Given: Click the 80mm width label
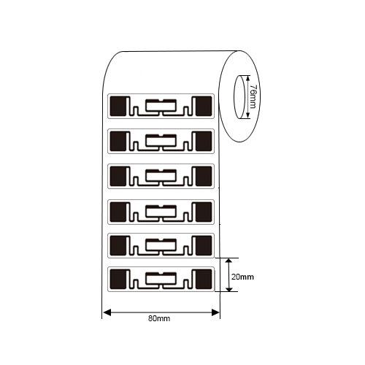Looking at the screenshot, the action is pyautogui.click(x=159, y=318).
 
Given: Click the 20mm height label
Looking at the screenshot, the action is pyautogui.click(x=242, y=277).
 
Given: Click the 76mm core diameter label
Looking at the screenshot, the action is pyautogui.click(x=253, y=96).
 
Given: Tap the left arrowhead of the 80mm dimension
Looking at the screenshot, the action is pyautogui.click(x=107, y=312).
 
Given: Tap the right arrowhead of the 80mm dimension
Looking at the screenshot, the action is pyautogui.click(x=215, y=312).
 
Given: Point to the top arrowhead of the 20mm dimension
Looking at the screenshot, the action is pyautogui.click(x=228, y=262).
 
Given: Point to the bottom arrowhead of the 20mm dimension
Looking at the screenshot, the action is pyautogui.click(x=228, y=288).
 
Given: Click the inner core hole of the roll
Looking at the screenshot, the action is pyautogui.click(x=239, y=96).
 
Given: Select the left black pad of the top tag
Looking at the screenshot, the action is pyautogui.click(x=118, y=106).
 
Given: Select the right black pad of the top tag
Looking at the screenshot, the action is pyautogui.click(x=204, y=106).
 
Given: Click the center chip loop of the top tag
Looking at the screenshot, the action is pyautogui.click(x=161, y=105).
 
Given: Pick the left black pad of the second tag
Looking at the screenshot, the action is pyautogui.click(x=118, y=141).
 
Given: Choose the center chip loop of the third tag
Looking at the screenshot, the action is pyautogui.click(x=161, y=176).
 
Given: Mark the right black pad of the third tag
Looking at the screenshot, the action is pyautogui.click(x=204, y=177).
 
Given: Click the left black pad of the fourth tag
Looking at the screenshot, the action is pyautogui.click(x=118, y=212).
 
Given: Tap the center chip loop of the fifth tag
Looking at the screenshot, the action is pyautogui.click(x=161, y=245).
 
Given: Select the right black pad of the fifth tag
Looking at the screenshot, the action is pyautogui.click(x=204, y=245).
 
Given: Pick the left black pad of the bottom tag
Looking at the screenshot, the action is pyautogui.click(x=118, y=279).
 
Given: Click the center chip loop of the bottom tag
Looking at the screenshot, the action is pyautogui.click(x=161, y=279).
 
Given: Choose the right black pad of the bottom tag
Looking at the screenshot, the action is pyautogui.click(x=204, y=279).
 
